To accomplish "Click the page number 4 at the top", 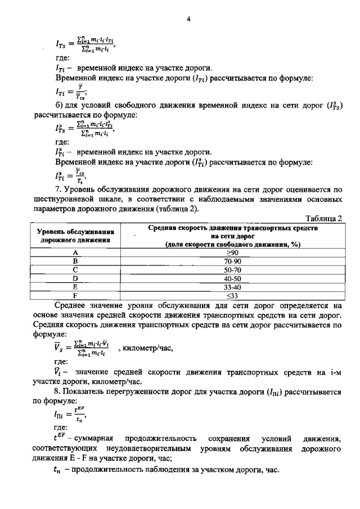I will click(190, 19).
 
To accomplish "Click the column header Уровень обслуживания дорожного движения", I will click(75, 236).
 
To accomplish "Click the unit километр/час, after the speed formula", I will click(147, 349).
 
